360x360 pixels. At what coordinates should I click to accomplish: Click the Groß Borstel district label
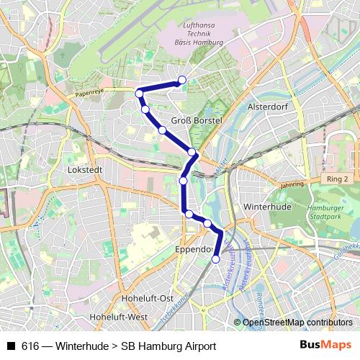196,120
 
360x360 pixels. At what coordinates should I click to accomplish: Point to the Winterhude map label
266,207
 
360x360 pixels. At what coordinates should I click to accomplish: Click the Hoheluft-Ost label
148,298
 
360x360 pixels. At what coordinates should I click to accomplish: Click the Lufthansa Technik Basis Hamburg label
199,34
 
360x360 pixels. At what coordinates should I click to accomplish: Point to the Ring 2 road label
336,179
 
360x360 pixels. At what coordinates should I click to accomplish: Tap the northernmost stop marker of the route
182,80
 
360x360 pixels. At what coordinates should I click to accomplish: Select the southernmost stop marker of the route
215,259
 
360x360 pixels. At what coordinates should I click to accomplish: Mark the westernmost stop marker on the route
140,93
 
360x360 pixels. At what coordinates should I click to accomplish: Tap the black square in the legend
11,346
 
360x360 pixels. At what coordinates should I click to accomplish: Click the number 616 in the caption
30,346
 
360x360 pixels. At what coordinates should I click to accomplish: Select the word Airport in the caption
197,346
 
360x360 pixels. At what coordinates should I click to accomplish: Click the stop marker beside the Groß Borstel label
163,130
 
